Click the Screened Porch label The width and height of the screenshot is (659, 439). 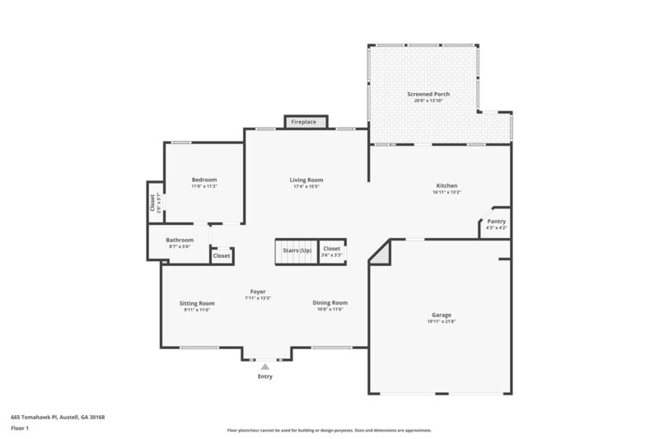tap(428, 95)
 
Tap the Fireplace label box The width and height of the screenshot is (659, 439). tap(304, 122)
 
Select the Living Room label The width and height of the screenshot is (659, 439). tap(306, 180)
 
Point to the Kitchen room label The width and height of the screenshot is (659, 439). tap(446, 186)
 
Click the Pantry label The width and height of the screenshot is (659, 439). tap(496, 221)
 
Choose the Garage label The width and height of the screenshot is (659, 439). tap(442, 315)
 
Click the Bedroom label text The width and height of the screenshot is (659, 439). tap(204, 180)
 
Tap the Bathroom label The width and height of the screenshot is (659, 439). tap(180, 240)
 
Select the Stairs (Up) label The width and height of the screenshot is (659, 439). tap(297, 250)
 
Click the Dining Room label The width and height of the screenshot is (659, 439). tap(330, 302)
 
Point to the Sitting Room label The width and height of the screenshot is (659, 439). tap(197, 302)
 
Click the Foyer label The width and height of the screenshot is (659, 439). tap(258, 292)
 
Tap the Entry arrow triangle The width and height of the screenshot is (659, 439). tap(264, 367)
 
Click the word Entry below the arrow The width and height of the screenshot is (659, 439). tap(264, 376)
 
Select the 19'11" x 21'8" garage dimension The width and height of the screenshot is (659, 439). tap(442, 321)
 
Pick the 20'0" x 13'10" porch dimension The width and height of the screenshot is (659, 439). tap(428, 101)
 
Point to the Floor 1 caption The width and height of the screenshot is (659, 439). tap(20, 428)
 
